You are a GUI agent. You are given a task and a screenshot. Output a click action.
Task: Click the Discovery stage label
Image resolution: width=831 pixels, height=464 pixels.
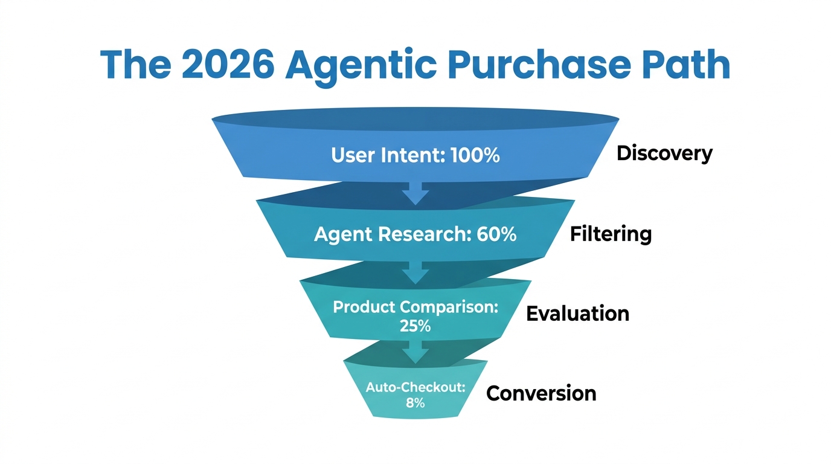(664, 153)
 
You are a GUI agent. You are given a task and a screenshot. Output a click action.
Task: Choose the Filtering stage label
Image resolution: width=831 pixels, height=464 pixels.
(611, 234)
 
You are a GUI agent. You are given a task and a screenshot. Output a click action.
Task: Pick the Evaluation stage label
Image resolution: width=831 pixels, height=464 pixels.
(577, 314)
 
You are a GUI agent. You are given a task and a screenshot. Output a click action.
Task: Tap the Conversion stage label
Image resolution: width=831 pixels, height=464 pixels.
(541, 393)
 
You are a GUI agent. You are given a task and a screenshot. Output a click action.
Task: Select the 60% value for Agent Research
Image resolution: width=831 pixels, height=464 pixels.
(496, 234)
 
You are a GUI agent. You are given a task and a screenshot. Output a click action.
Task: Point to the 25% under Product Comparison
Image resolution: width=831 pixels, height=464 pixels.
(415, 326)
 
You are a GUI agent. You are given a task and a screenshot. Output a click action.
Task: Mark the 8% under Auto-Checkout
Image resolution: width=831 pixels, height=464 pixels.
(415, 402)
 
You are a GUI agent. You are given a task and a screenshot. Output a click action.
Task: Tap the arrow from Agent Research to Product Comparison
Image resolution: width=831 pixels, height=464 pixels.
(415, 272)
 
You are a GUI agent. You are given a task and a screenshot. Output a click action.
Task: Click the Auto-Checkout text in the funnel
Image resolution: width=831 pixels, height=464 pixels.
(415, 388)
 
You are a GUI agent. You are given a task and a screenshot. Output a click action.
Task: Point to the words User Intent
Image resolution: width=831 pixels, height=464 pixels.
(386, 155)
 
